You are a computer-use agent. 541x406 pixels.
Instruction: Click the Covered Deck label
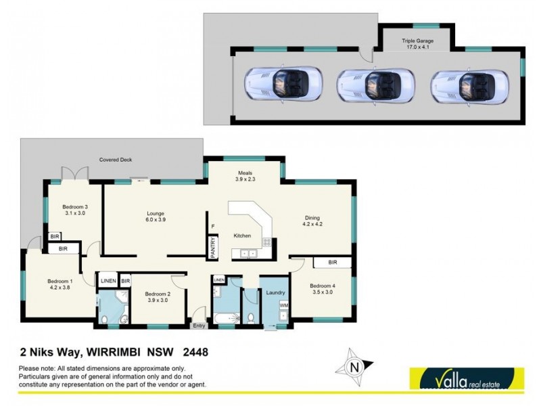click(x=116, y=160)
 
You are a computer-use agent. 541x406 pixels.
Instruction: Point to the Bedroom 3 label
click(x=75, y=210)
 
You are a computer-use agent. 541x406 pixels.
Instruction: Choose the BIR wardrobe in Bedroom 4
click(x=332, y=262)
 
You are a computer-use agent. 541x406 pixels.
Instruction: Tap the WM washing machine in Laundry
click(x=284, y=306)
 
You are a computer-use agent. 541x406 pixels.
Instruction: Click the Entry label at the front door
click(x=199, y=326)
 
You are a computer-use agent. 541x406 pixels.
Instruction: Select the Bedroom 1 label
click(x=60, y=284)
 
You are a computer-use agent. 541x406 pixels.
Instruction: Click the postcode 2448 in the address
click(x=193, y=352)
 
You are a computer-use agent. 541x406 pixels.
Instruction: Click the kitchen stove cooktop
click(x=266, y=241)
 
